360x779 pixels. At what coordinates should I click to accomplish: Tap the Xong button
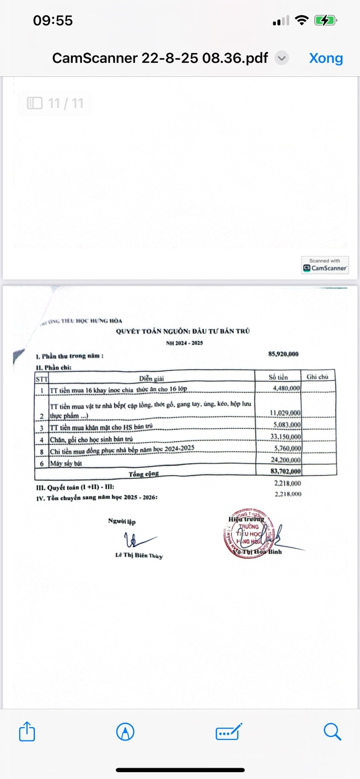[326, 58]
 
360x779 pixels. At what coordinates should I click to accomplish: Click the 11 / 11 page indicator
[56, 103]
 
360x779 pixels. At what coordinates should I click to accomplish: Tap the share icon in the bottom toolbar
[26, 732]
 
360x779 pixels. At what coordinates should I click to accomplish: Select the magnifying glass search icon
[332, 732]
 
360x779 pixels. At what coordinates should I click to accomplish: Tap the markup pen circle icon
[125, 732]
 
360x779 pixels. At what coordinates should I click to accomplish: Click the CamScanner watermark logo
[325, 266]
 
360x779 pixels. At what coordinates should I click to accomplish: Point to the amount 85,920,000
[283, 354]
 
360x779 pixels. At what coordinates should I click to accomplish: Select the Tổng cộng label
[144, 473]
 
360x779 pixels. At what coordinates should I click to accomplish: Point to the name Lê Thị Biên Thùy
[139, 556]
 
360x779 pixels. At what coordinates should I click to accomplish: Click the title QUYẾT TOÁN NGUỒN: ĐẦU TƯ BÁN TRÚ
[182, 331]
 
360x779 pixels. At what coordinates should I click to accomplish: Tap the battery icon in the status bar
[326, 21]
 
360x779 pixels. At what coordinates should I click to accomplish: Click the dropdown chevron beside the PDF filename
[282, 58]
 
